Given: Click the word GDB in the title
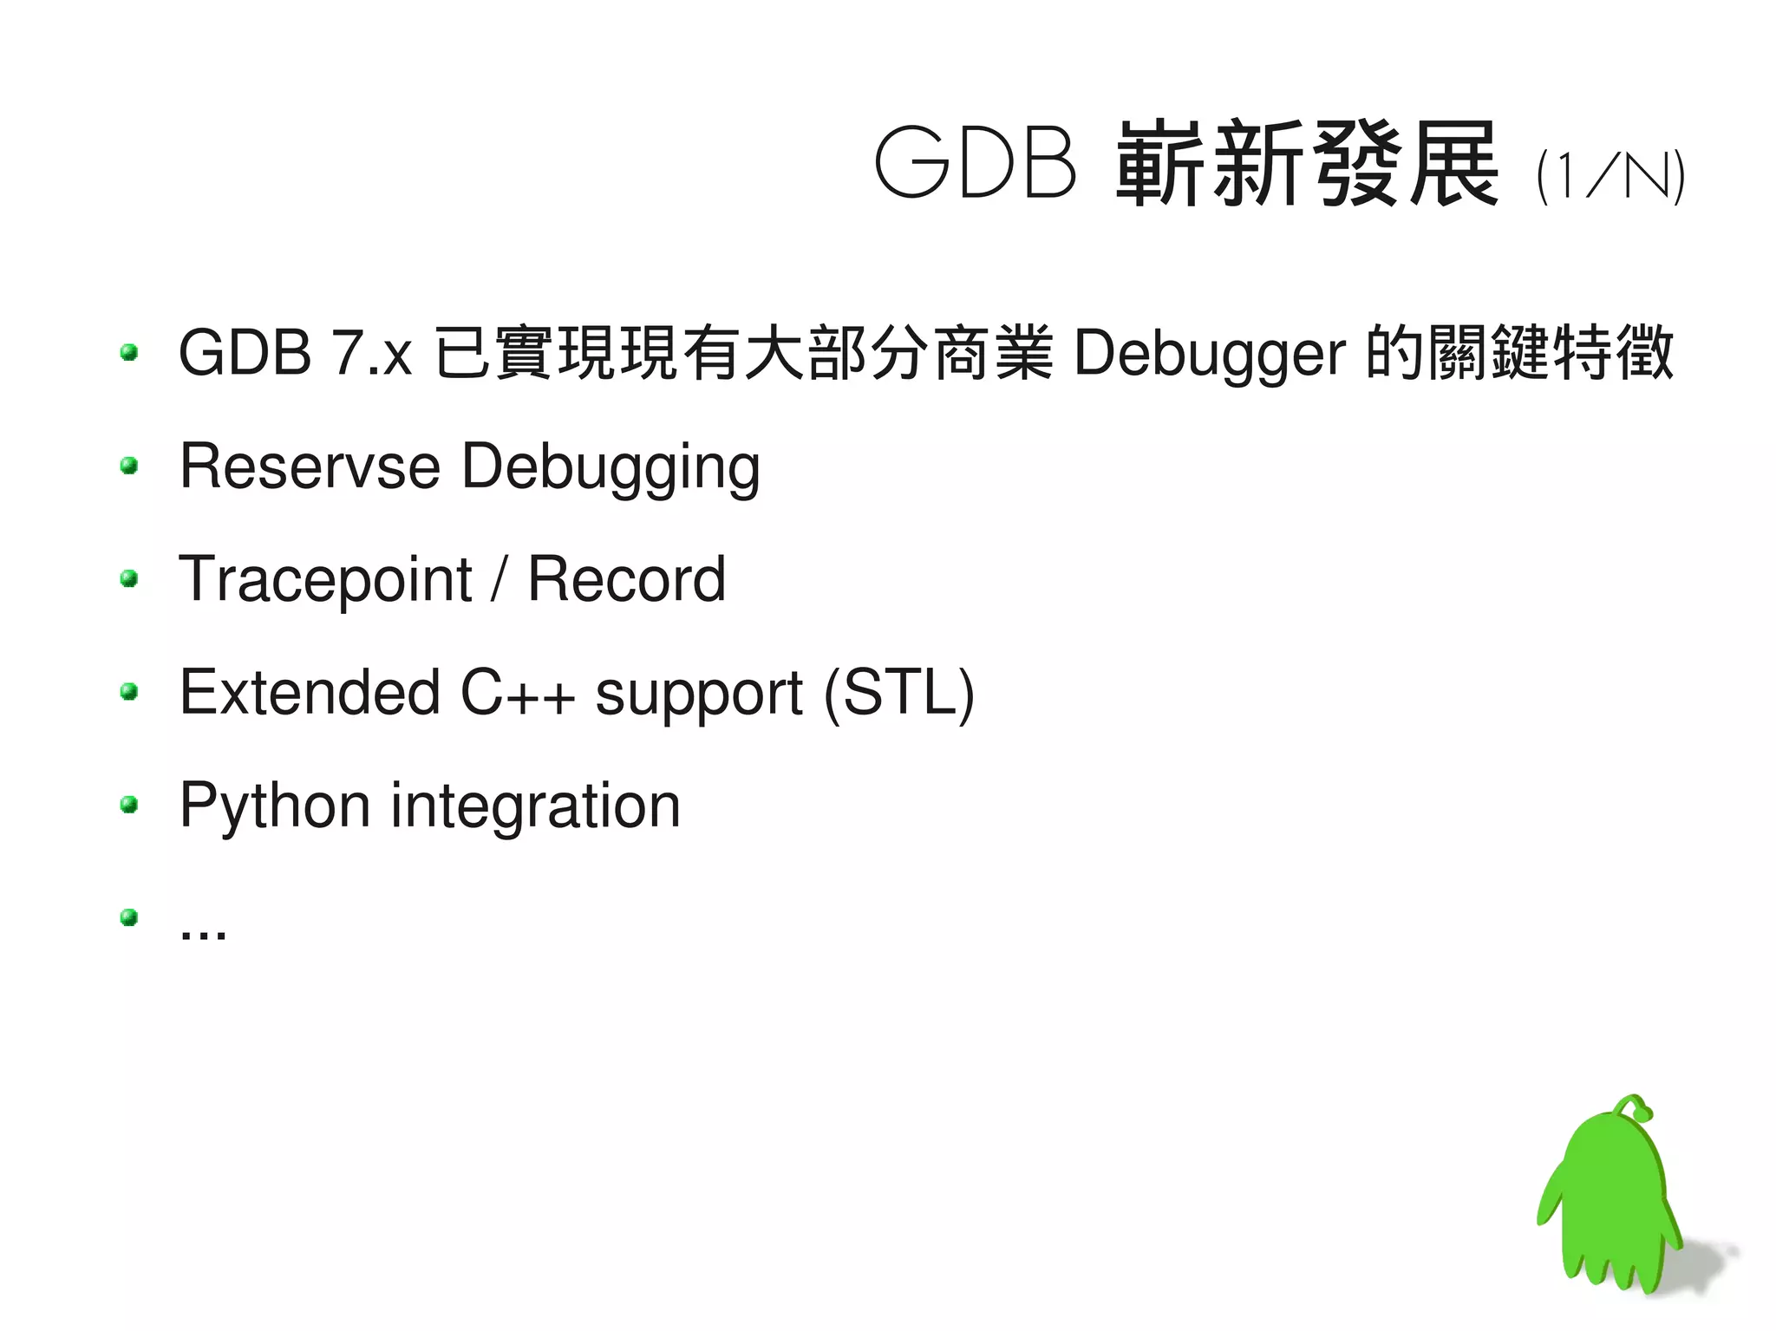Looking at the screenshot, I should click(976, 163).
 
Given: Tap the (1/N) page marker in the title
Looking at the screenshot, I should click(1610, 176).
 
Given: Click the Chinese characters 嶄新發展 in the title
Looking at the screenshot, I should click(1307, 163).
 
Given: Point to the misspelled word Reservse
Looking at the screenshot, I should click(310, 467).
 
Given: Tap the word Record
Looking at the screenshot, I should click(626, 579).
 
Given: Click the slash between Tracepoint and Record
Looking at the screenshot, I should click(499, 579).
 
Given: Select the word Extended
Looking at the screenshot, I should click(310, 692).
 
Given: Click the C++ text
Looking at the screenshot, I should click(518, 692).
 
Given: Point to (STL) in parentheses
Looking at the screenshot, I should click(899, 694).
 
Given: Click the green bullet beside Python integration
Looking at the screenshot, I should click(130, 805).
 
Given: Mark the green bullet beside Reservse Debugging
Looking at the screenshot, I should click(130, 466).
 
